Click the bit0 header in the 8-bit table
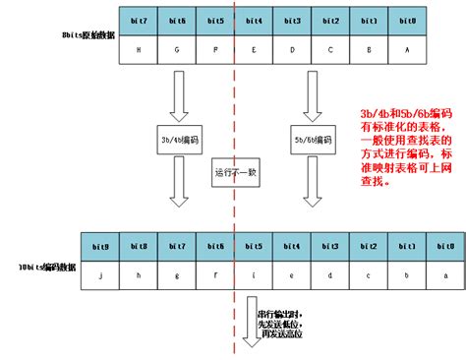(x=408, y=21)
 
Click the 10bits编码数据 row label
(x=46, y=267)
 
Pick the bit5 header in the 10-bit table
(x=254, y=245)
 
